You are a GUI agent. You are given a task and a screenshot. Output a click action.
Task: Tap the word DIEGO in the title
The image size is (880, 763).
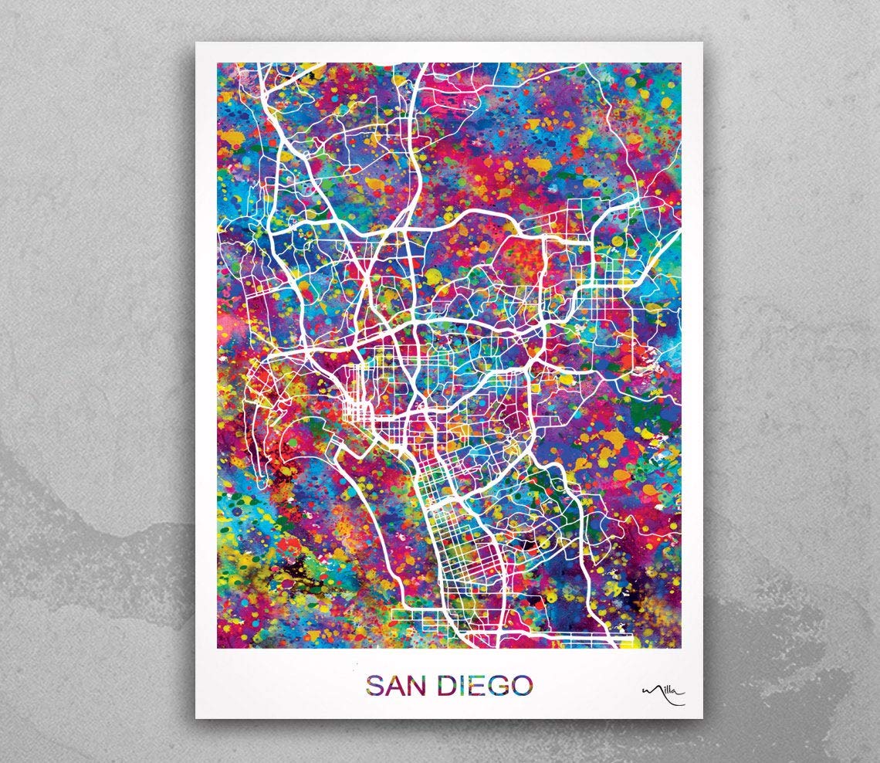coord(483,685)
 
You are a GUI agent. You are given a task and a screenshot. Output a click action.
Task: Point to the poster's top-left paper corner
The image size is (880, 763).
coord(196,43)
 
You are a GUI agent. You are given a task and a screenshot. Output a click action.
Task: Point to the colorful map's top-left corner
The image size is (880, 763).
coord(218,63)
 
